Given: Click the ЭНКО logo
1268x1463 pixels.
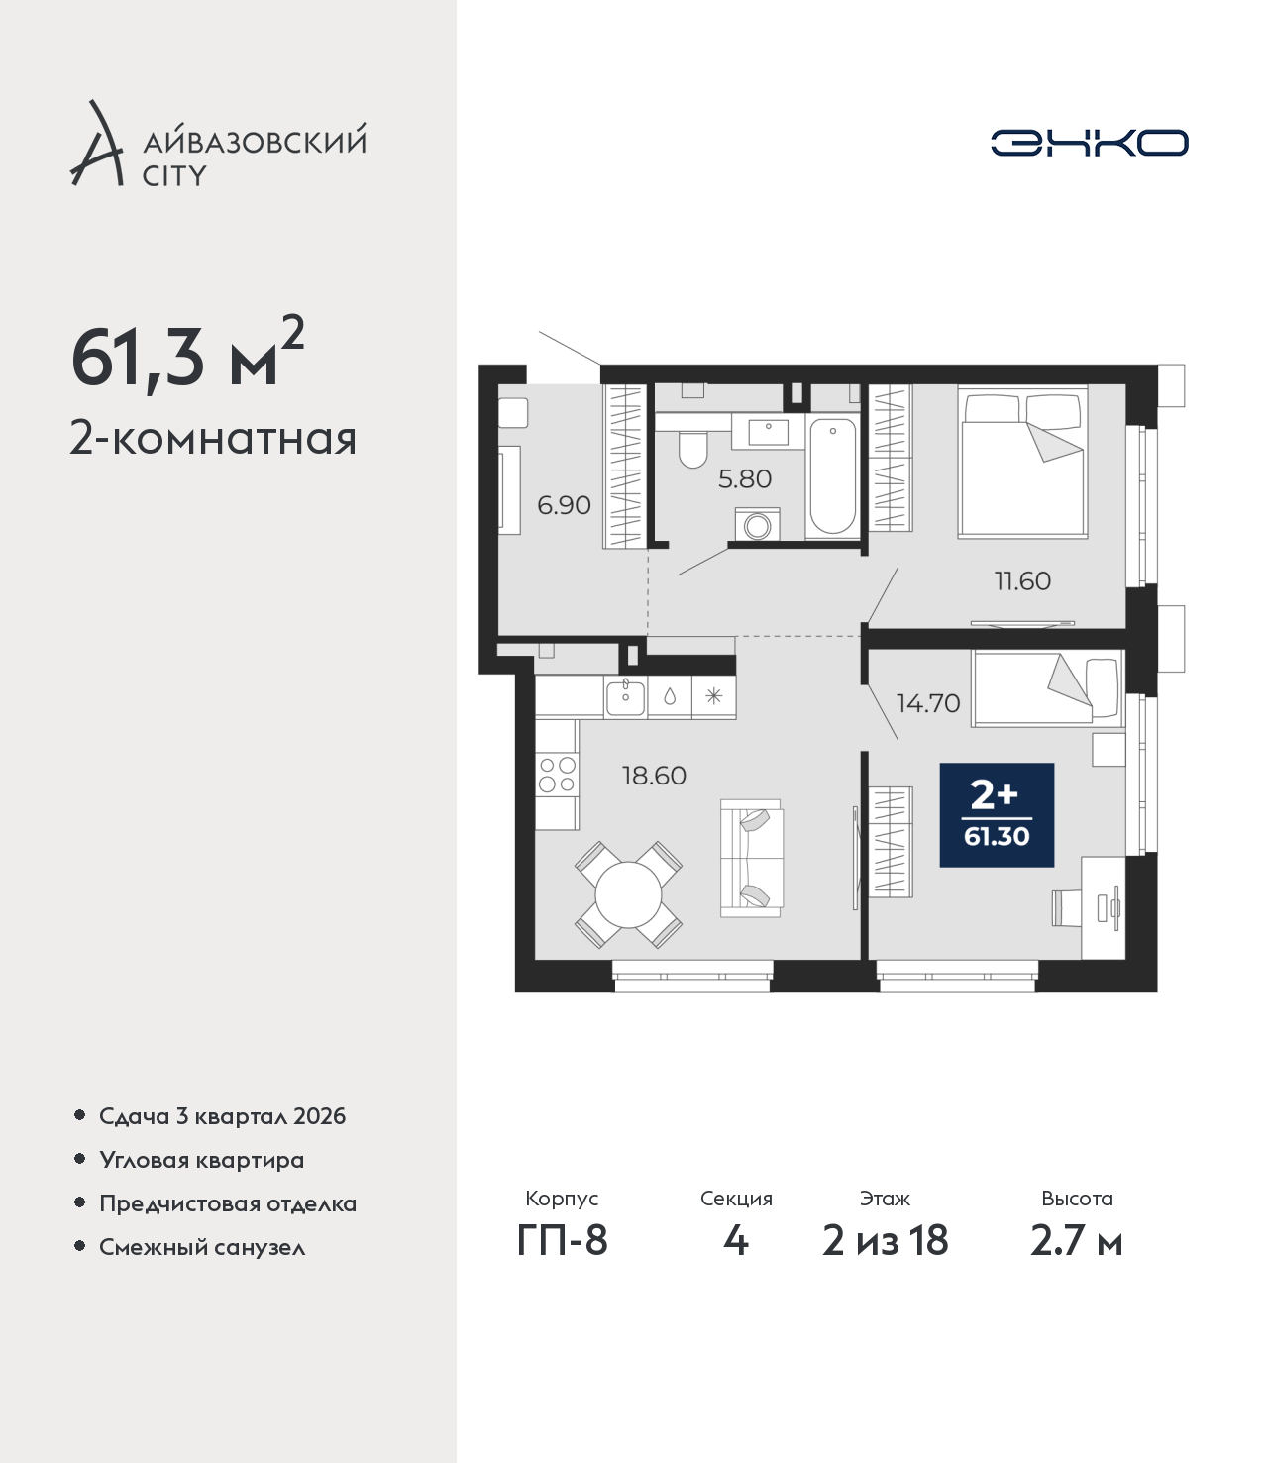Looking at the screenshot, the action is pos(1089,143).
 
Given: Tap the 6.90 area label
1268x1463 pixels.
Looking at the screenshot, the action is pos(564,505).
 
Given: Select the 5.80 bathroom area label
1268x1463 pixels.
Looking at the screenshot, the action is pos(744,479).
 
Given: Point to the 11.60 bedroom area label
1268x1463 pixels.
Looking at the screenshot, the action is pos(1022,581).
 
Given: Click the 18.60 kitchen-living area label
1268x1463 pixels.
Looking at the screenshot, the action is pos(654,776).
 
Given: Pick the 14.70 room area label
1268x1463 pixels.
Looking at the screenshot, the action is pos(928,703).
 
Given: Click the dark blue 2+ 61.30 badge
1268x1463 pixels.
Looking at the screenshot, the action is pos(997,814).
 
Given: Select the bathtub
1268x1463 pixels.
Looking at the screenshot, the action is pos(832,475).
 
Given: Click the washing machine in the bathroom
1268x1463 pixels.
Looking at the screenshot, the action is pos(757,524).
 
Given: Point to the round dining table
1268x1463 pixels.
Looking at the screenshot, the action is pos(628,895).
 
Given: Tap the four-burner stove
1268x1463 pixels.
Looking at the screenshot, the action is pos(557,774).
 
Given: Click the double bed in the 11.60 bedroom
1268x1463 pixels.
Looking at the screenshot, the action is pos(1022,462).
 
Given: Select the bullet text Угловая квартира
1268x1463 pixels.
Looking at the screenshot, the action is pos(202,1160).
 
